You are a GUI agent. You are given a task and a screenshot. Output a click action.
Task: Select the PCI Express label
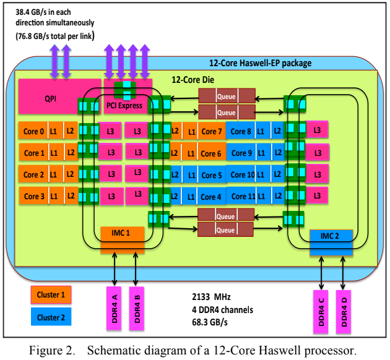pos(124,106)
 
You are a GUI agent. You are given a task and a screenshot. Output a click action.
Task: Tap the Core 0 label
pos(33,131)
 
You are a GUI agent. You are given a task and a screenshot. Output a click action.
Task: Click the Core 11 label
pos(243,197)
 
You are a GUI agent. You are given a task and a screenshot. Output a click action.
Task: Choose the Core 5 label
pos(212,175)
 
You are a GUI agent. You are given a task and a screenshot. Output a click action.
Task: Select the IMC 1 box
pos(123,240)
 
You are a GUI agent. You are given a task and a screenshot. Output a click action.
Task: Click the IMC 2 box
pos(331,242)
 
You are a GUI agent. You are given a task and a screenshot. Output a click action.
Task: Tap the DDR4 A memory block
pos(114,308)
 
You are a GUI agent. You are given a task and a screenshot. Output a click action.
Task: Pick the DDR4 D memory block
pos(344,312)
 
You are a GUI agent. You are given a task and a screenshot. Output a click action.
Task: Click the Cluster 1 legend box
pos(51,294)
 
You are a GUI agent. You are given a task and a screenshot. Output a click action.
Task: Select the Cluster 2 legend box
pos(51,317)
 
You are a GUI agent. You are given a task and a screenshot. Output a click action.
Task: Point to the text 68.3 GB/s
pos(210,322)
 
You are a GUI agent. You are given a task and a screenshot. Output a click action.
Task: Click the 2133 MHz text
pos(211,297)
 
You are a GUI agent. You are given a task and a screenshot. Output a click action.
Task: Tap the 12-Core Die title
pos(193,80)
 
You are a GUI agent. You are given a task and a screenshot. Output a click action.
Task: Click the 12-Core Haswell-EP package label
pos(260,63)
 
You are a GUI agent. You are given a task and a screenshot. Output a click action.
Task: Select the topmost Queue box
pos(227,96)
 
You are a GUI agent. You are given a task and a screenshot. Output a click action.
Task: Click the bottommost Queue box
pos(225,229)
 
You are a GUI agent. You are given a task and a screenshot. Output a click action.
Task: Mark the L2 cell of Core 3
pos(71,196)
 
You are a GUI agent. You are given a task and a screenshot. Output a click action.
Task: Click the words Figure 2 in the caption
pos(52,351)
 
